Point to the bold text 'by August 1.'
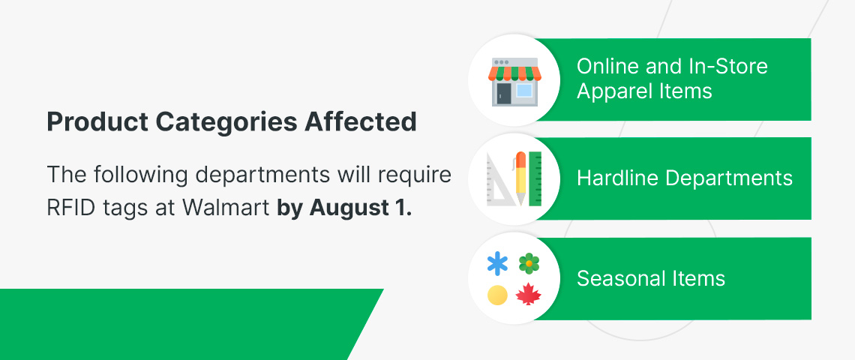pyautogui.click(x=344, y=207)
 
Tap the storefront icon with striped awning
pyautogui.click(x=514, y=79)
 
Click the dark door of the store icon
pyautogui.click(x=503, y=93)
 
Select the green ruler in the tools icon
pyautogui.click(x=535, y=178)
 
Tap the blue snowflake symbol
pyautogui.click(x=497, y=263)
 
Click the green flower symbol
pyautogui.click(x=529, y=263)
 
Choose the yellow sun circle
pyautogui.click(x=497, y=295)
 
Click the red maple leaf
pyautogui.click(x=529, y=295)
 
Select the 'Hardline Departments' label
pyautogui.click(x=684, y=178)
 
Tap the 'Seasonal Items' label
pyautogui.click(x=650, y=279)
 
